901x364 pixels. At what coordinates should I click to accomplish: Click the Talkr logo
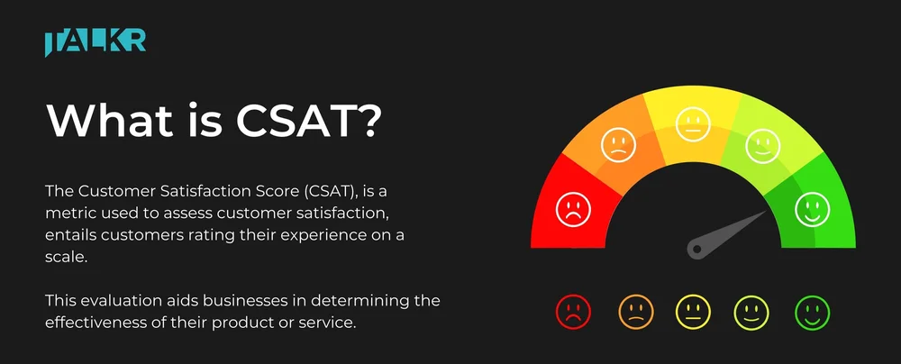coord(95,42)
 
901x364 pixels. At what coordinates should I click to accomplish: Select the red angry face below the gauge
coord(573,312)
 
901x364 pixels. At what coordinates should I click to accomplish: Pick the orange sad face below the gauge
coord(635,312)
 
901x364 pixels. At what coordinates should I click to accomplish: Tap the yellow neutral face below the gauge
coord(694,312)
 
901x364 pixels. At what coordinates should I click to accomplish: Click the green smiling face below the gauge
coord(812,312)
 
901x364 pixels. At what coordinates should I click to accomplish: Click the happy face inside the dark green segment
coord(812,209)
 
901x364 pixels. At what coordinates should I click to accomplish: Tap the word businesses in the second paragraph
coord(240,299)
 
